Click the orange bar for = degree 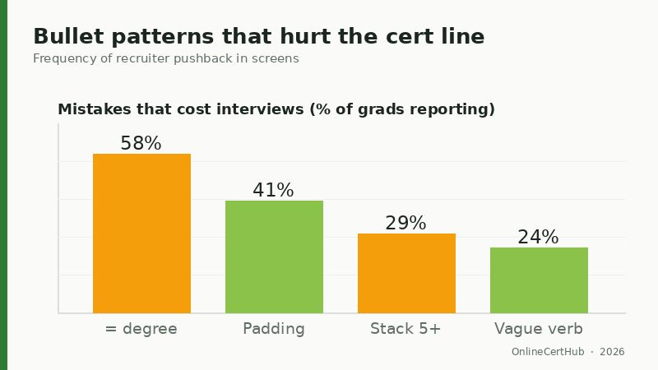141,234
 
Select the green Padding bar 274,257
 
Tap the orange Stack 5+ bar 406,273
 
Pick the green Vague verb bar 539,280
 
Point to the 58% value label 141,143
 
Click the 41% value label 273,190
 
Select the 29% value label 405,223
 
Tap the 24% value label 538,237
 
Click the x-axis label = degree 141,329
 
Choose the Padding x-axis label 274,329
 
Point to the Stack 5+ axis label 405,329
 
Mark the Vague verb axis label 539,329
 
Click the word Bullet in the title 67,37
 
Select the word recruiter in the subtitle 141,59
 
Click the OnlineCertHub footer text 547,352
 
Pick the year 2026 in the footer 612,352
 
